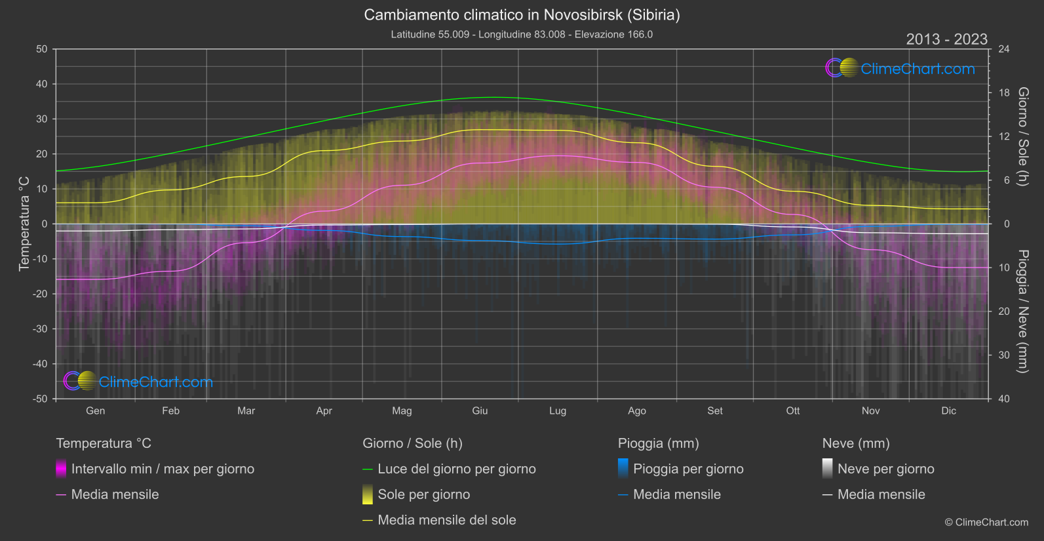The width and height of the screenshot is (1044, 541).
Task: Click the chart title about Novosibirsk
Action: [x=522, y=14]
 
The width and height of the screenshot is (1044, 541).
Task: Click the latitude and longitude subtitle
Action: [x=522, y=34]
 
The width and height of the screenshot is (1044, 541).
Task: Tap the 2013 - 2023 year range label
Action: [x=946, y=39]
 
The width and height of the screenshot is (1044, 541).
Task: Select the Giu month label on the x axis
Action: [x=480, y=411]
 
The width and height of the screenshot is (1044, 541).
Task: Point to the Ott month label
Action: [x=793, y=411]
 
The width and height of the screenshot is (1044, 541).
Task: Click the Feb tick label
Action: [x=170, y=411]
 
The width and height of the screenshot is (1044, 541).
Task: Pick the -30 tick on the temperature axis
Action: [x=41, y=329]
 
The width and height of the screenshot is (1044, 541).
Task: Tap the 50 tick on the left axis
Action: [x=42, y=49]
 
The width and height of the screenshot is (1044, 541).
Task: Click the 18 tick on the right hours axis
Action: [x=1004, y=93]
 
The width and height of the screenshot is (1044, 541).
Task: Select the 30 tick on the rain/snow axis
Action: [x=1004, y=355]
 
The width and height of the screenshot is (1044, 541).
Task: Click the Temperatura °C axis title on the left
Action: [x=24, y=223]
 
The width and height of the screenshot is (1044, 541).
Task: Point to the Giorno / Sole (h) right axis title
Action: [x=1022, y=136]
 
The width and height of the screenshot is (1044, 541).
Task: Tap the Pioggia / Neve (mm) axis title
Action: [x=1022, y=311]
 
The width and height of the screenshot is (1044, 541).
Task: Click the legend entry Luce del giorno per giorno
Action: [x=456, y=469]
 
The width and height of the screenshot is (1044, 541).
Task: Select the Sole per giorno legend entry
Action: [x=423, y=494]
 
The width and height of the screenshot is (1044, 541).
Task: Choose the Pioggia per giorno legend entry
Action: [x=688, y=469]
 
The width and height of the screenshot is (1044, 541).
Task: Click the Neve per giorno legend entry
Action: [x=885, y=469]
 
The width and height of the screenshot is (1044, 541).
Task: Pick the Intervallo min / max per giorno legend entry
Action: [x=163, y=469]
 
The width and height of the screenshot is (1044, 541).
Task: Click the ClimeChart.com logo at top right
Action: [x=900, y=68]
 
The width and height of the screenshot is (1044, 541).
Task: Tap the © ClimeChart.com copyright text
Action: [x=986, y=522]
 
